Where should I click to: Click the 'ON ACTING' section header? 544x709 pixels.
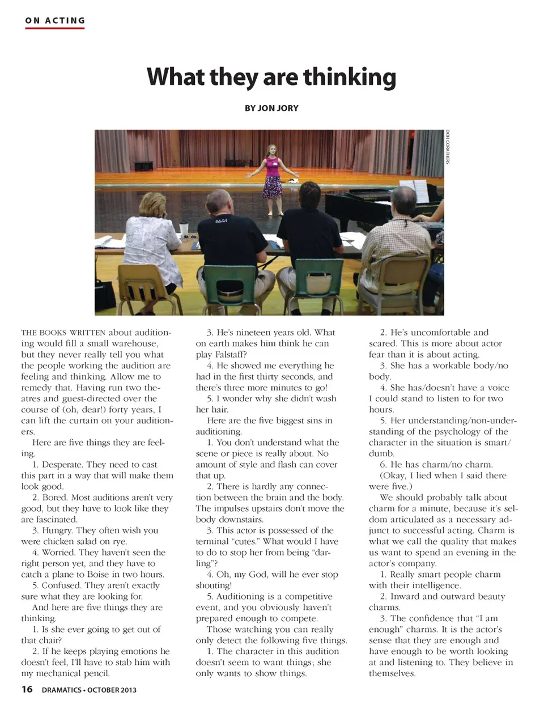[55, 21]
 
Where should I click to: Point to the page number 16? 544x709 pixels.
[27, 689]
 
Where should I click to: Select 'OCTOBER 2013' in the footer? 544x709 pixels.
[112, 690]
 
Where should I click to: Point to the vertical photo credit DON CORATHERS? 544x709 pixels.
[447, 147]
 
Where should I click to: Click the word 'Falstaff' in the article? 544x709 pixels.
[228, 354]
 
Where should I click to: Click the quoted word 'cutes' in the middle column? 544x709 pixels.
[245, 541]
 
